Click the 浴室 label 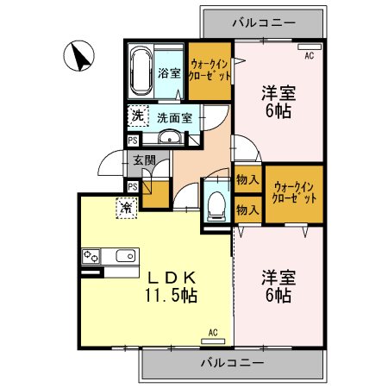click(170, 73)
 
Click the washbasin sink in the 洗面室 click(169, 137)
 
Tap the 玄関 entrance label click(144, 160)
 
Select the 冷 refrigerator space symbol click(126, 207)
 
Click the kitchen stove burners click(91, 256)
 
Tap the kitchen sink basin click(124, 256)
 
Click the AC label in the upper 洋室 click(310, 55)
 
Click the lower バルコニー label click(233, 364)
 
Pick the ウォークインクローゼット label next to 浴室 click(210, 72)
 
